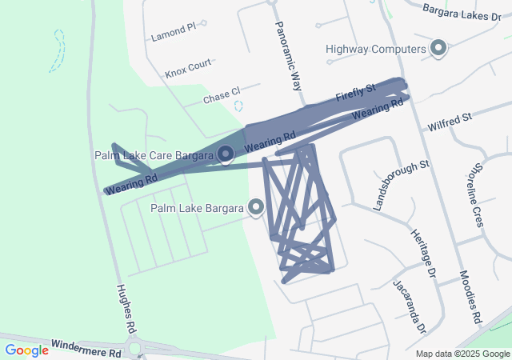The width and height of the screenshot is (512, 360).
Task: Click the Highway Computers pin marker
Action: (438, 48)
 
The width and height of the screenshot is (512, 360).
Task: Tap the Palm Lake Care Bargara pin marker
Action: (226, 153)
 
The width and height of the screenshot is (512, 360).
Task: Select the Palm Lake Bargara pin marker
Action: (257, 207)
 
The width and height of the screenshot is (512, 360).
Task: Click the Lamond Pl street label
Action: (173, 33)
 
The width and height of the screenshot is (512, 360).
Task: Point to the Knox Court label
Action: (188, 68)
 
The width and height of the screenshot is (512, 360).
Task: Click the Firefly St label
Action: (355, 94)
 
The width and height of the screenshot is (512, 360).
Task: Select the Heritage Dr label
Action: (423, 254)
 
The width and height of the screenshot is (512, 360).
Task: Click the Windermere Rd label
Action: (86, 347)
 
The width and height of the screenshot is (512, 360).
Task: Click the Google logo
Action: (26, 350)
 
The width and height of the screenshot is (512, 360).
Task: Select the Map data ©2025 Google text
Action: (462, 354)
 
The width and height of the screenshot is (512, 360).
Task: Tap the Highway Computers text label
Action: (375, 49)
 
